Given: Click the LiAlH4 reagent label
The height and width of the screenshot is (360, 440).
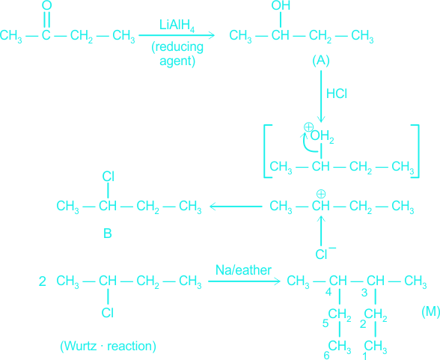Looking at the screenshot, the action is click(177, 25).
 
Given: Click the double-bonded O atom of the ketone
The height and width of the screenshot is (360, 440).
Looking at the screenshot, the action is click(46, 5).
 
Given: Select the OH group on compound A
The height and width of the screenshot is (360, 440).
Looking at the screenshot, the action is click(281, 5).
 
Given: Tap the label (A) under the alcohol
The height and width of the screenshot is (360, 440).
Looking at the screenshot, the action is click(321, 61).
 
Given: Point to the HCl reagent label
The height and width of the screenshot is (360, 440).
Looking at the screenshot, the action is click(337, 94).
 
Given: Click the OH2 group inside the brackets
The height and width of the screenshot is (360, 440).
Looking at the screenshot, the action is click(322, 136).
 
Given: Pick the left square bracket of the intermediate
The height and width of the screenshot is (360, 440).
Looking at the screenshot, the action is click(268, 151).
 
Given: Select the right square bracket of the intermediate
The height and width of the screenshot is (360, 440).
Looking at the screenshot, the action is click(415, 151).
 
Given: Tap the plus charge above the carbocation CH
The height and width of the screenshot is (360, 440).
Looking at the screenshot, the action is click(321, 194).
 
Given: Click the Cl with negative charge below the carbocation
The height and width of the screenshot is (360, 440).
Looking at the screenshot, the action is click(326, 253).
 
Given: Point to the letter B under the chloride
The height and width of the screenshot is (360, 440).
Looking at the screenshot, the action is click(108, 234).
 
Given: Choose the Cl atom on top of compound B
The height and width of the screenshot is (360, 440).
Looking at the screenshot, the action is click(108, 177).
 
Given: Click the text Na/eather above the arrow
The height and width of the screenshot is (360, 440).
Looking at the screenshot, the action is click(243, 270).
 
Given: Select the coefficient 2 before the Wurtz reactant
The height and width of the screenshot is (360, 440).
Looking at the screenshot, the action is click(43, 281).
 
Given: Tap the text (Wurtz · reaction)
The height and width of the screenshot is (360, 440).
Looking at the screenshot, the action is click(108, 346).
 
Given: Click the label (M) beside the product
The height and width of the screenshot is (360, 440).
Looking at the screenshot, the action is click(431, 311).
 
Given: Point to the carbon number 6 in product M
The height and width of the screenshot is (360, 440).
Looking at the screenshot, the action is click(326, 356).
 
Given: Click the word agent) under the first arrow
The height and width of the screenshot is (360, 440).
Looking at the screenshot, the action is click(177, 61).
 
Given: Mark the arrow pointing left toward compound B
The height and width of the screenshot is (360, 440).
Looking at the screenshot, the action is click(236, 207).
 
